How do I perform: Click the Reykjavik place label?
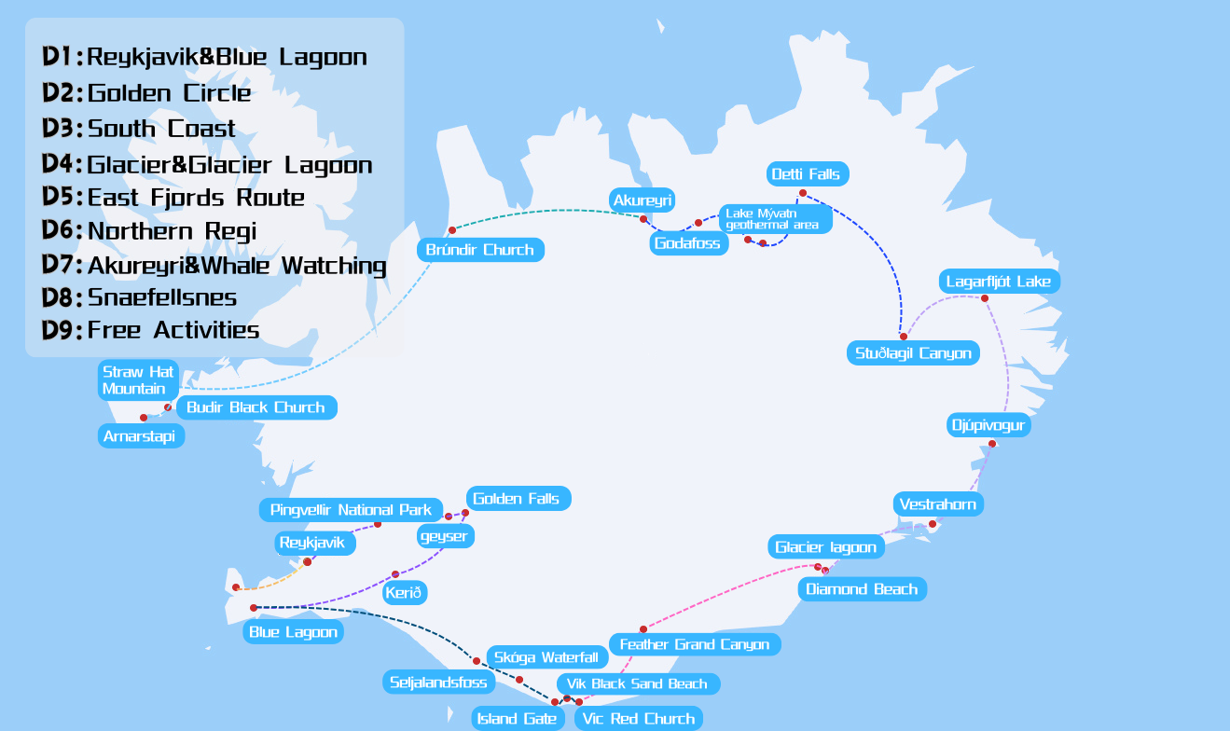(312, 543)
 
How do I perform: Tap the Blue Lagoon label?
(294, 632)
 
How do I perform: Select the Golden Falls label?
(517, 499)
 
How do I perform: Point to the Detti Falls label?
(806, 173)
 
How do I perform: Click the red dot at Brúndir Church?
(452, 229)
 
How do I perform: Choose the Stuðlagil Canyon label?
(913, 353)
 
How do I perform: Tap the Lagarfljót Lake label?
(998, 282)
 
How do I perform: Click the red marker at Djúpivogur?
(992, 444)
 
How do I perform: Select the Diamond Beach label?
(862, 589)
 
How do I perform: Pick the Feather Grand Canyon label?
(694, 644)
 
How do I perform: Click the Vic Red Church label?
(638, 719)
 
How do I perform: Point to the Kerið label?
(404, 593)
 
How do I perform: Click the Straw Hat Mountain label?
(138, 380)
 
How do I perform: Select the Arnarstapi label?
(141, 435)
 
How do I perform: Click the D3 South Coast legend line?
(140, 129)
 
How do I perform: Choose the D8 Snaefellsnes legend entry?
(140, 297)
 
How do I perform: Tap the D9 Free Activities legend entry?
(151, 330)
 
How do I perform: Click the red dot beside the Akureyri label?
(643, 218)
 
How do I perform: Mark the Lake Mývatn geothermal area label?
(775, 219)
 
